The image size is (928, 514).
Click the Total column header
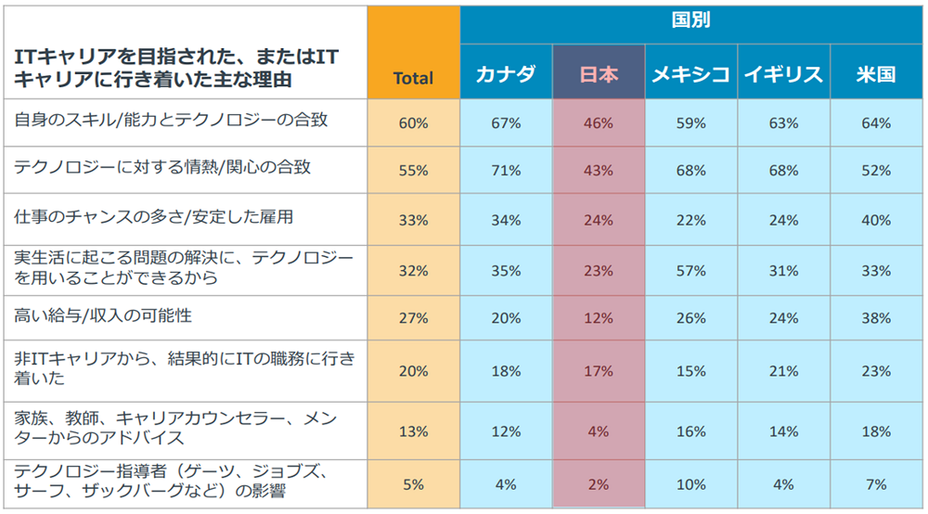pos(413,79)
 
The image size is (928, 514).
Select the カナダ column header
pos(506,75)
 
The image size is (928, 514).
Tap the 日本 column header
pos(599,75)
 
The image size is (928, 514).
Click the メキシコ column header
pos(690,75)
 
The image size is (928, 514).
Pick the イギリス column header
pos(783,75)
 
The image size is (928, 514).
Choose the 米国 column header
pos(876,75)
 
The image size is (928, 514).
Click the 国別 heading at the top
pos(690,20)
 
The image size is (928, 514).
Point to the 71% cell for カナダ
pos(506,171)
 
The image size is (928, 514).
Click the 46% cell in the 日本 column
pos(599,122)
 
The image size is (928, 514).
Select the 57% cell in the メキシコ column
pos(690,271)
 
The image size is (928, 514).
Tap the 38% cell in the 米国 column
pos(876,318)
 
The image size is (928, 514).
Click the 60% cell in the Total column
pos(413,122)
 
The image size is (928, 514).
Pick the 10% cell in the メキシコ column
pos(690,483)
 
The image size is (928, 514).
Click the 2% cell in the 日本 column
pos(599,483)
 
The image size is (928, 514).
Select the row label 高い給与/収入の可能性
pos(103,316)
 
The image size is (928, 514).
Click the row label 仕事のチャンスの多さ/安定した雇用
pos(153,219)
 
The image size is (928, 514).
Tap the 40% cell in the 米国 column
pos(876,220)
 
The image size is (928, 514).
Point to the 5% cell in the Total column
pos(413,483)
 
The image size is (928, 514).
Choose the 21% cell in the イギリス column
pos(783,371)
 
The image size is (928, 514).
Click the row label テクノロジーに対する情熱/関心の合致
pos(162,168)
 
